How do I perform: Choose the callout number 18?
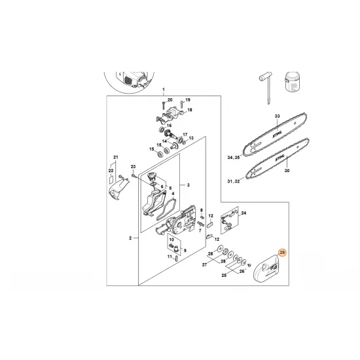point(190,111)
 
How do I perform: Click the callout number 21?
point(115,158)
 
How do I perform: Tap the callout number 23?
point(133,167)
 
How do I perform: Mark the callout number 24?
point(244,213)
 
